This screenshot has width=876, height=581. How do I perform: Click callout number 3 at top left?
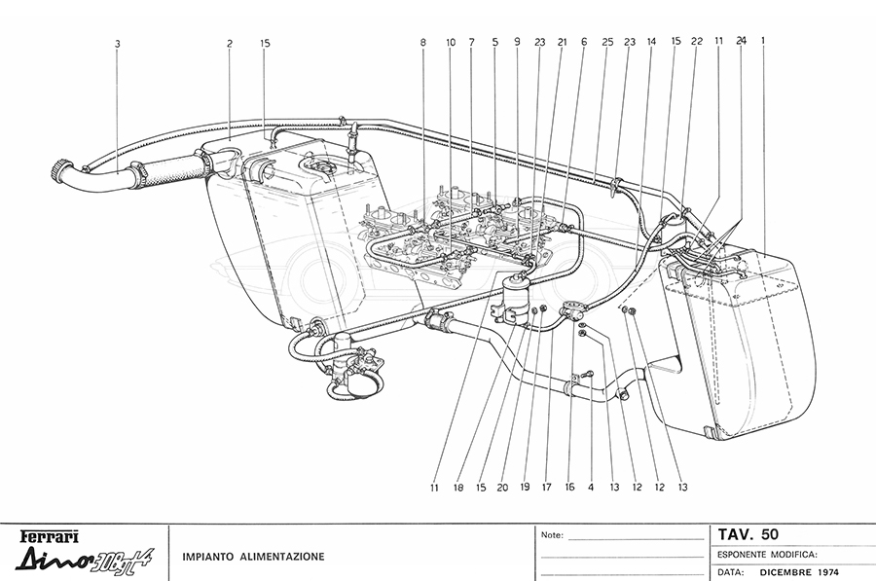click(117, 44)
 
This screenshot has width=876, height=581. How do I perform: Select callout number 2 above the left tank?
click(230, 44)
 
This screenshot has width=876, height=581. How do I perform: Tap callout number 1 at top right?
click(764, 42)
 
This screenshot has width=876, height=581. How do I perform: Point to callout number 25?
click(607, 43)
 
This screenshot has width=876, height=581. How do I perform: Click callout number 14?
click(651, 43)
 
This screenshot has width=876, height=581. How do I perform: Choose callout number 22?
click(697, 43)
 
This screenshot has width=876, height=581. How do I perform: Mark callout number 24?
click(742, 43)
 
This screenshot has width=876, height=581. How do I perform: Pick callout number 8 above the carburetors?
click(423, 43)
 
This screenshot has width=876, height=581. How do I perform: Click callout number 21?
click(562, 43)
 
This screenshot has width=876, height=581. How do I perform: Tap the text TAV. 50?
click(748, 534)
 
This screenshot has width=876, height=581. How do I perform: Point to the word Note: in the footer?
click(551, 535)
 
